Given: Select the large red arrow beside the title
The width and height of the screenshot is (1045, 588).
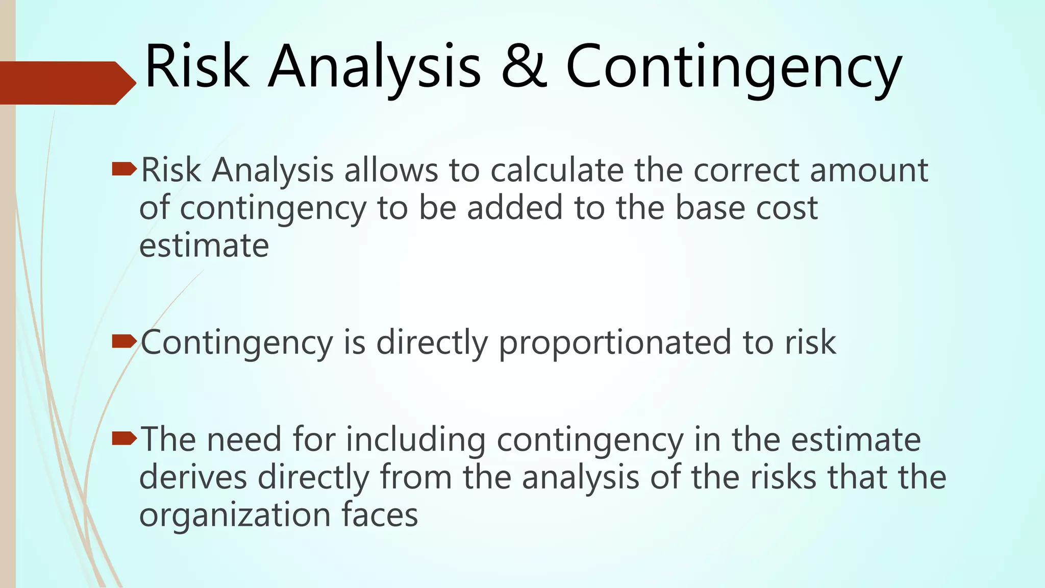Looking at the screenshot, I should [66, 83].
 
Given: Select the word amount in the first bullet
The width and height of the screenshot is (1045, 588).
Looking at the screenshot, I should [869, 170].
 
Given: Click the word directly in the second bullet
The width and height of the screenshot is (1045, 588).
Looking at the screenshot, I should [432, 343].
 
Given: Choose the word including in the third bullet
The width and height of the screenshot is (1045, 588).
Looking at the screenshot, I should [415, 440].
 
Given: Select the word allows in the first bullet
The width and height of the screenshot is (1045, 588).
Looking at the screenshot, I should [391, 170].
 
